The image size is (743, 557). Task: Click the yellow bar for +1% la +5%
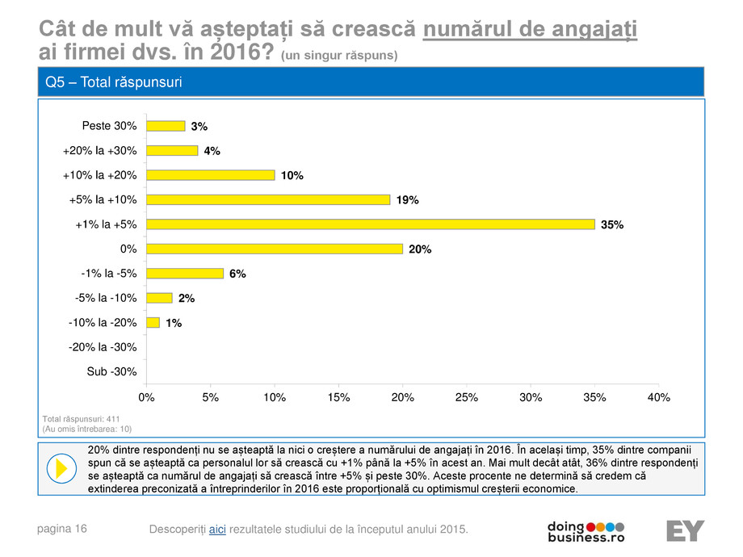tap(370, 224)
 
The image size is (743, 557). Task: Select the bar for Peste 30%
tap(166, 126)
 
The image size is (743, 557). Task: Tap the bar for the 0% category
tap(274, 249)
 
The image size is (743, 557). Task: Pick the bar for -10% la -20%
tap(153, 323)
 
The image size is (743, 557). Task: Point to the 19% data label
tap(407, 200)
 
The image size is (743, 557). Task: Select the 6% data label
tap(237, 274)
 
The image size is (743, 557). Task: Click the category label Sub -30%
tap(111, 372)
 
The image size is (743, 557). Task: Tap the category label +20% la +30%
tap(99, 150)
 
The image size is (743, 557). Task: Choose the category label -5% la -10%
tap(103, 298)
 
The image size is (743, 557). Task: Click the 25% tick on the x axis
tap(467, 397)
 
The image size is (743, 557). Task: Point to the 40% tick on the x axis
tap(659, 397)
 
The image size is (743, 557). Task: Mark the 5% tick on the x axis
tap(210, 397)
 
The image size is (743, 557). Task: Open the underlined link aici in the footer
tap(217, 529)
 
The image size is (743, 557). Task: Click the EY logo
tap(685, 531)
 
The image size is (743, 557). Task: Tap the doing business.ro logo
tap(586, 530)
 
